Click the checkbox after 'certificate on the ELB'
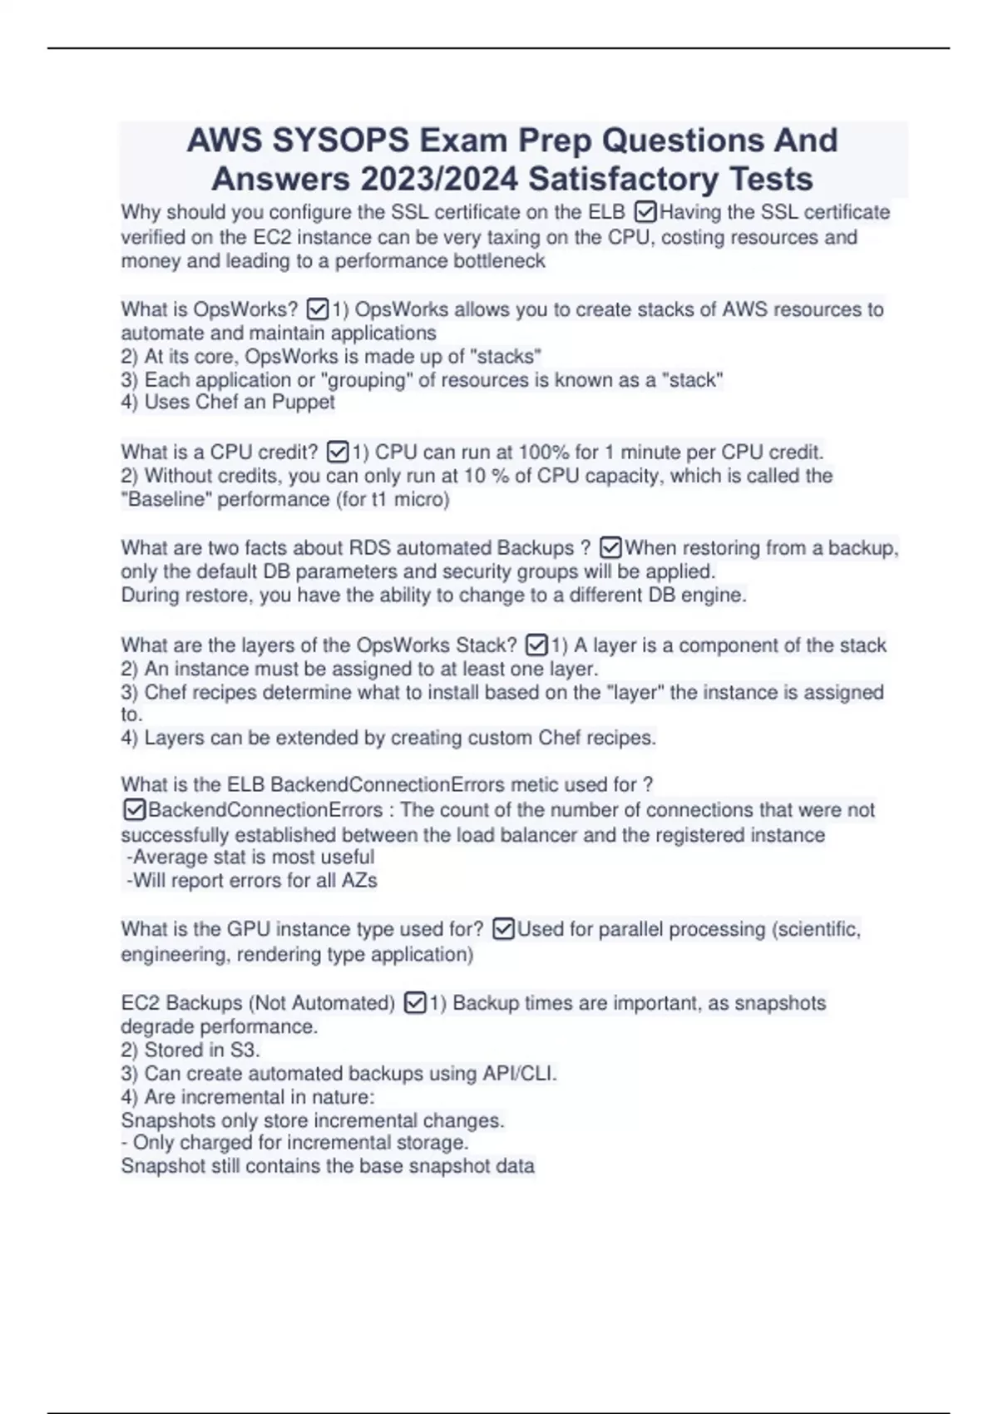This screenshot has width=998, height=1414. coord(645,212)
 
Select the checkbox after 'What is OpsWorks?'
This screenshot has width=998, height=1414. coord(318,309)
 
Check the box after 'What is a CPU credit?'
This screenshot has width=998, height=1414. coord(338,452)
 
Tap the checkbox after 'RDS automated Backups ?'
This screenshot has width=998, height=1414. coord(610,548)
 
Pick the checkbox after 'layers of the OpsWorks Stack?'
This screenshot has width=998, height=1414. coord(537,645)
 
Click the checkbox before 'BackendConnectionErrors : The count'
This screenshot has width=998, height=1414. coord(134,809)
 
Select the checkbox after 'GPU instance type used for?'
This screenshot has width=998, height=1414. coord(503,929)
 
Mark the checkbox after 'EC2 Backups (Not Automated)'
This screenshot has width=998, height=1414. coord(415,1003)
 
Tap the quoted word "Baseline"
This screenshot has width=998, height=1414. coord(166,499)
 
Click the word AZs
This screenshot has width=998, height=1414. coord(359,880)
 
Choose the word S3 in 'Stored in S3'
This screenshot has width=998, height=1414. coord(242,1051)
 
